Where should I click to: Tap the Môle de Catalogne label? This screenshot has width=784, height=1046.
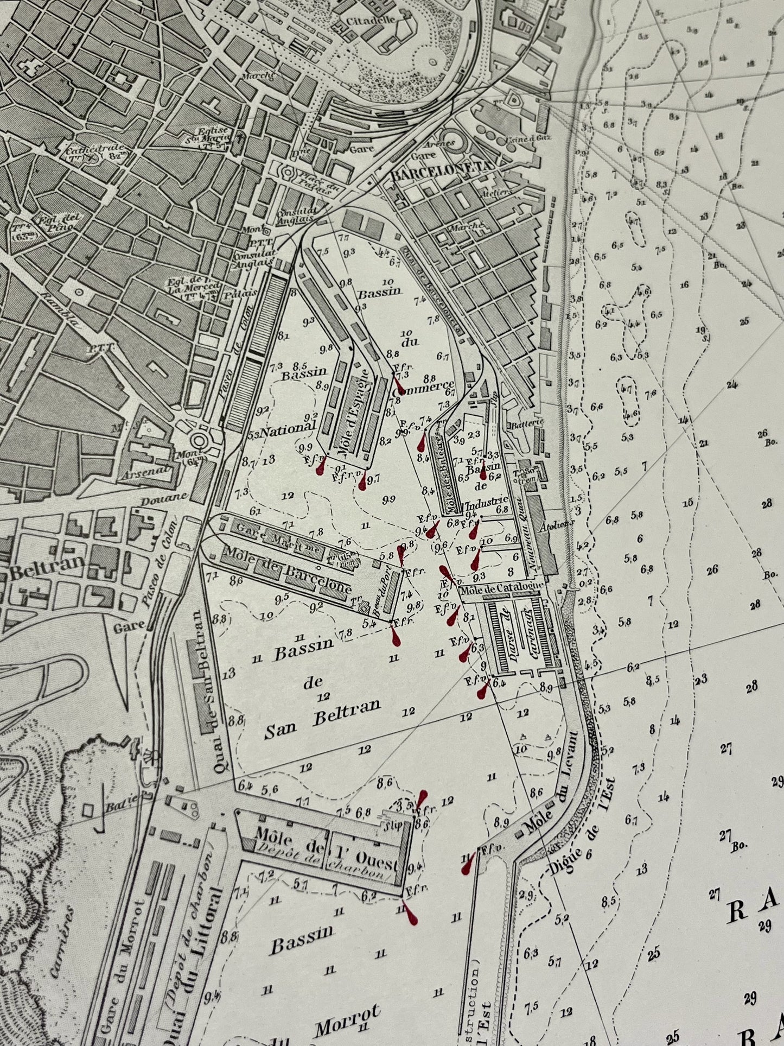[x=501, y=588]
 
